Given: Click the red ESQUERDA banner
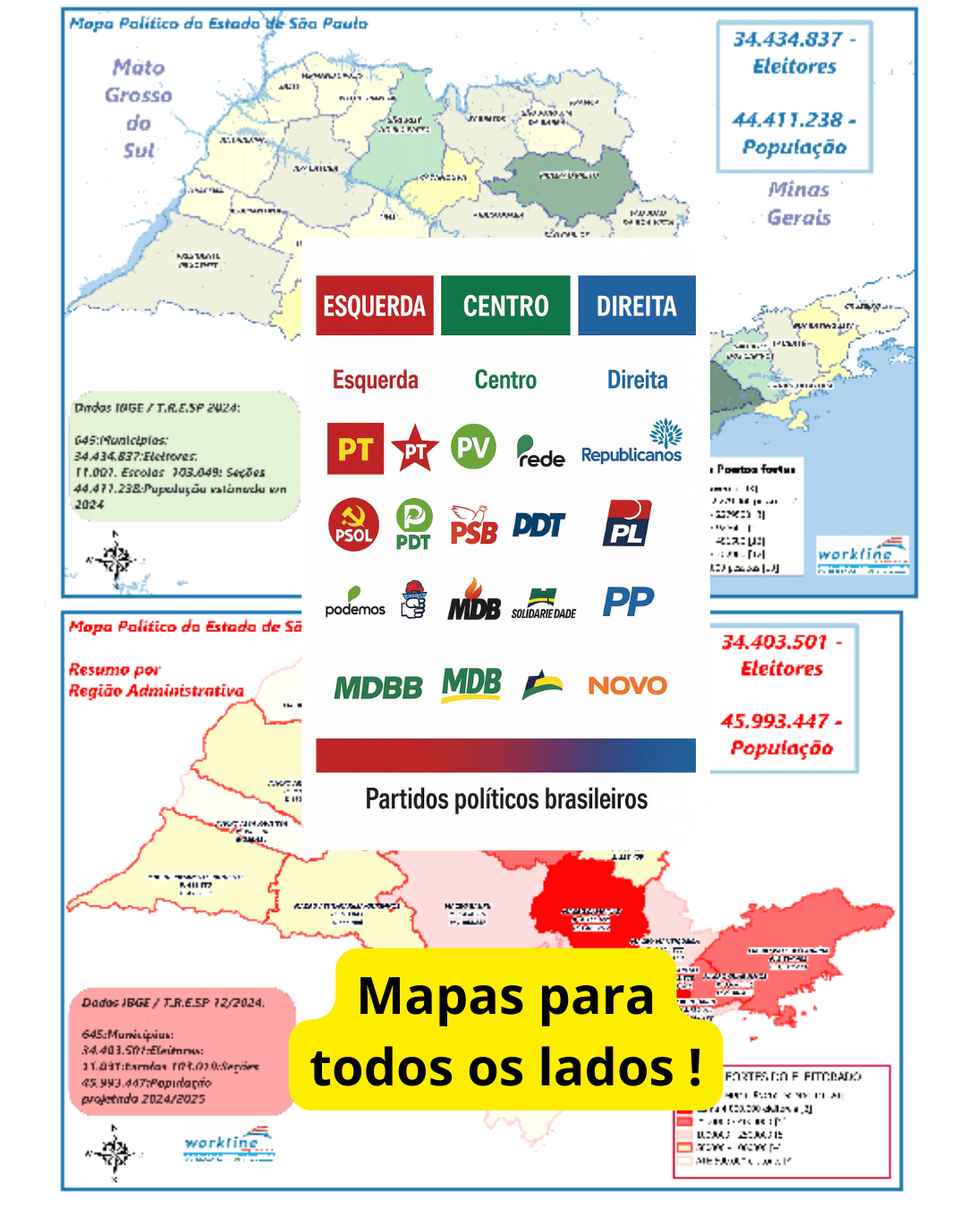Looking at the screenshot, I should click(x=374, y=306).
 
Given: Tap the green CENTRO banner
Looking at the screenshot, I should click(x=505, y=306).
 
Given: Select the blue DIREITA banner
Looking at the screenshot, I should click(x=637, y=306).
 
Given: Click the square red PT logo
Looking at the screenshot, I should click(x=355, y=448).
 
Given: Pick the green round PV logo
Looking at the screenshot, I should click(x=473, y=446).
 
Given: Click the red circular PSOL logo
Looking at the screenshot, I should click(x=353, y=525).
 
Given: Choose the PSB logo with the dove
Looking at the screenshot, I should click(x=473, y=525).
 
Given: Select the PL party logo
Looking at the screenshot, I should click(x=628, y=524).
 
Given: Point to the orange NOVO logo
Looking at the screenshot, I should click(x=627, y=686).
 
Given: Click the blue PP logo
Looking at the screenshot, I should click(x=628, y=602).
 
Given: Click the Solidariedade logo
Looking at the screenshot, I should click(x=544, y=603).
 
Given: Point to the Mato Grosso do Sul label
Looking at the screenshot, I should click(x=139, y=108).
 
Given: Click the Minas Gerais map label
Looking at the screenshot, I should click(x=799, y=203).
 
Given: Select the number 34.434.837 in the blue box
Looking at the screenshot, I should click(x=788, y=39).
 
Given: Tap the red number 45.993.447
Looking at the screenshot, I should click(x=775, y=721).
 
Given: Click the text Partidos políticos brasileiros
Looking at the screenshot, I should click(x=506, y=798).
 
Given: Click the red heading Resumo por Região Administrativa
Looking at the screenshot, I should click(x=156, y=679).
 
